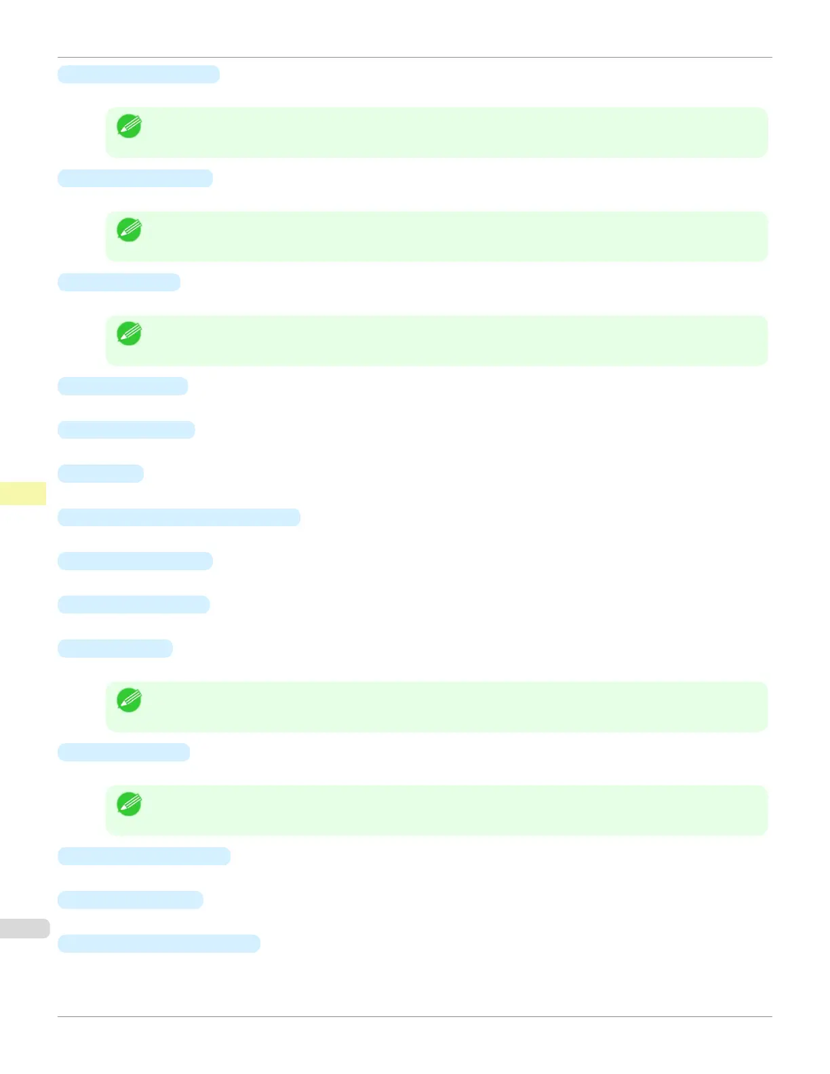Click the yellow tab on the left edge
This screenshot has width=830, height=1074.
[x=23, y=493]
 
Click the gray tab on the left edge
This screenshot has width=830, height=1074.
[x=24, y=928]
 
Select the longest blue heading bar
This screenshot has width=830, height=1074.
[x=178, y=517]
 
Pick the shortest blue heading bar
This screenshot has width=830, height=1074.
[x=100, y=473]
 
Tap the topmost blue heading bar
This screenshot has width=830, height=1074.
[x=138, y=75]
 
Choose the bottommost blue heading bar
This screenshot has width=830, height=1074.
[x=159, y=944]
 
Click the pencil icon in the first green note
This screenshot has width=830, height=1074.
[x=129, y=126]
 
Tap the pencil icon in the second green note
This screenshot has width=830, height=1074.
[x=129, y=230]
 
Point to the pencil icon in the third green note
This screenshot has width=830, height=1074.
[x=129, y=334]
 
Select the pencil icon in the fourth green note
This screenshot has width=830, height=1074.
[x=129, y=700]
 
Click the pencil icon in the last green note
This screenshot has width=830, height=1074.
[x=129, y=804]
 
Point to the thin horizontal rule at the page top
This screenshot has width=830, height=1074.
[x=414, y=58]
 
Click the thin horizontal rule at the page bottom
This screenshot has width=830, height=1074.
[x=414, y=1016]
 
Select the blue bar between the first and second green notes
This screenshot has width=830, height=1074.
[x=135, y=178]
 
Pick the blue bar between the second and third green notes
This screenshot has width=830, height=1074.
[x=119, y=282]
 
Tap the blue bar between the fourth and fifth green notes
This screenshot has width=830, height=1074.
[x=123, y=752]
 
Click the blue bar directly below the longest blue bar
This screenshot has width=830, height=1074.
[x=135, y=561]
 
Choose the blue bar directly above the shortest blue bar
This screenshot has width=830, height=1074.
[x=126, y=430]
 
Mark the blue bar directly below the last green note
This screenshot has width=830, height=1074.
[x=144, y=856]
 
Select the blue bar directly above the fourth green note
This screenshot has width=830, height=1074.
[x=115, y=648]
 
